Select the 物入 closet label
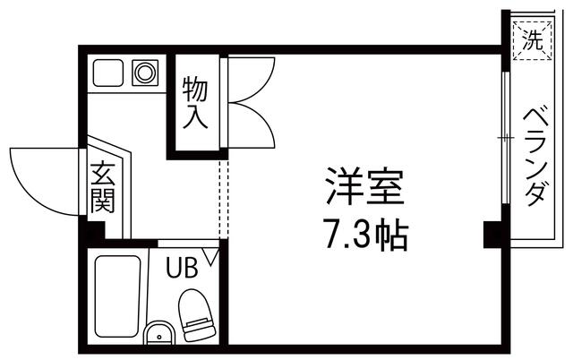[196, 103]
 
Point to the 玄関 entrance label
[102, 187]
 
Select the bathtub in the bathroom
[118, 296]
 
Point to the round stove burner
[144, 73]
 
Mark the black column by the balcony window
[492, 235]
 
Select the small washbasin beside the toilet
[158, 333]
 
